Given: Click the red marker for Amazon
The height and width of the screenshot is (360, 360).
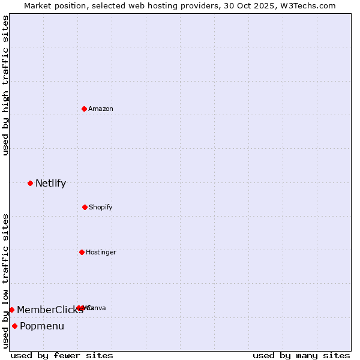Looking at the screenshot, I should pos(84,109).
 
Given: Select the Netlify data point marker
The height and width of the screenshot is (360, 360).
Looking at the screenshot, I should pos(30,183).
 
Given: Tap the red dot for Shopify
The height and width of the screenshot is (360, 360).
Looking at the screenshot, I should pos(85,207).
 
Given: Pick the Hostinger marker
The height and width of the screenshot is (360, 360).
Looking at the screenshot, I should pos(82,252).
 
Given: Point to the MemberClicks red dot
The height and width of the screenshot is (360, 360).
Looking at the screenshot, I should pos(11,310).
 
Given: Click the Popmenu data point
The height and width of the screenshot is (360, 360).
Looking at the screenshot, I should pos(14,326).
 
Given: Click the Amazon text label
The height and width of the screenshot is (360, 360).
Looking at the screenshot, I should pos(101,109).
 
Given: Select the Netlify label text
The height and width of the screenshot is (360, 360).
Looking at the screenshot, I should pos(50,184).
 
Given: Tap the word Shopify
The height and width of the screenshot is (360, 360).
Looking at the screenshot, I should pos(101,208).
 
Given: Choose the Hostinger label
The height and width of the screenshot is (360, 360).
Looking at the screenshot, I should pos(101,253).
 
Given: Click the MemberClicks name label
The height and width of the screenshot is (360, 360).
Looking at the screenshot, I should pos(50,310).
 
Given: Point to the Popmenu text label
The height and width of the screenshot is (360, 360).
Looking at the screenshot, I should pos(42,326).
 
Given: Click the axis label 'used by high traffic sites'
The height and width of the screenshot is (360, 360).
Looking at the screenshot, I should pos(6,85).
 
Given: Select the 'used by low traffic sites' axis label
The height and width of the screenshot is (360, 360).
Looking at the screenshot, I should pos(6,281).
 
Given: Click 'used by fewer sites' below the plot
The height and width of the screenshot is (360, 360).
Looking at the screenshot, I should pos(62,356).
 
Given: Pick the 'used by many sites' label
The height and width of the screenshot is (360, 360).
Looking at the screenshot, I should pos(301,356).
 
